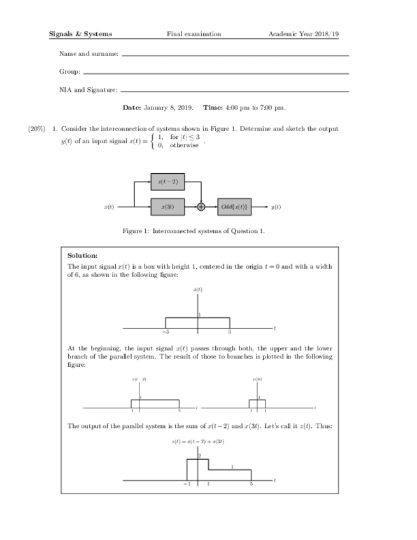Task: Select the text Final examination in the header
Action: coord(194,34)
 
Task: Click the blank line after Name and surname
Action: coord(235,55)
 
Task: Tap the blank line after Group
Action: coord(216,73)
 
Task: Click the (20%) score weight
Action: coord(36,129)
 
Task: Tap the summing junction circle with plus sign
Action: coord(201,206)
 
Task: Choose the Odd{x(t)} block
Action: coord(234,206)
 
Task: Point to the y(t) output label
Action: coord(276,206)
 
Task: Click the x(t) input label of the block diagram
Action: coord(109,206)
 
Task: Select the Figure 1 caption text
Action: coord(194,231)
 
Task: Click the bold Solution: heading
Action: coord(82,255)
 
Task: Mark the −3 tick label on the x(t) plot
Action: coord(166,332)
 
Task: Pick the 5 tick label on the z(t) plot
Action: coord(251,485)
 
